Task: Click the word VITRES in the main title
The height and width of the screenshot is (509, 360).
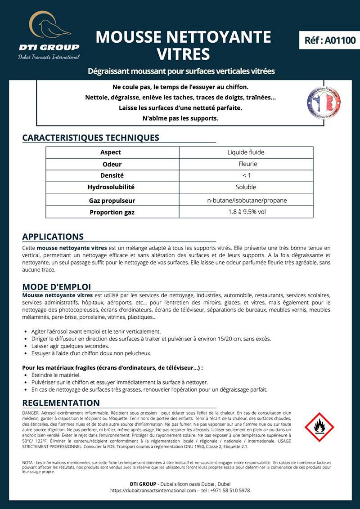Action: coord(183,54)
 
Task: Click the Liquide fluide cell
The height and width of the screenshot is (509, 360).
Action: coord(246,152)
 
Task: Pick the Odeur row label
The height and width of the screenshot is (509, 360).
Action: coord(112,164)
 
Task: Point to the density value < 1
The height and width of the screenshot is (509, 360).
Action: coord(246,175)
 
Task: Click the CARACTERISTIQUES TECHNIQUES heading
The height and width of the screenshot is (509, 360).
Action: coord(90,138)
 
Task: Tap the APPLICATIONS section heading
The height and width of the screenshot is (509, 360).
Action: coord(53,237)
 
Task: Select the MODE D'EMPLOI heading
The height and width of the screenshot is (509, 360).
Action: coord(56,286)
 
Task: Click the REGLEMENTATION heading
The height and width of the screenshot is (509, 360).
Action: coord(61,402)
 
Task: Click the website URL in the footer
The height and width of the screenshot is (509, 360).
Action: coord(153,490)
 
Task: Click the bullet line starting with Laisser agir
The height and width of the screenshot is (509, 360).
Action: coord(70,346)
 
